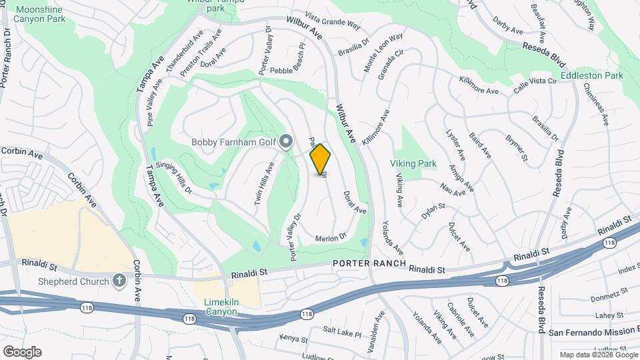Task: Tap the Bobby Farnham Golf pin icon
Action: [287, 141]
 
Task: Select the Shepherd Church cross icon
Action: [119, 281]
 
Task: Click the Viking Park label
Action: [413, 163]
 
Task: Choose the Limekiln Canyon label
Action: [221, 307]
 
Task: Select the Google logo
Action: [22, 352]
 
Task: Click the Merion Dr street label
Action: [331, 237]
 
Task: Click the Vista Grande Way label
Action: [333, 21]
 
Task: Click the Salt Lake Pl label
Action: [341, 331]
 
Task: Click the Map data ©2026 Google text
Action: [597, 355]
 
